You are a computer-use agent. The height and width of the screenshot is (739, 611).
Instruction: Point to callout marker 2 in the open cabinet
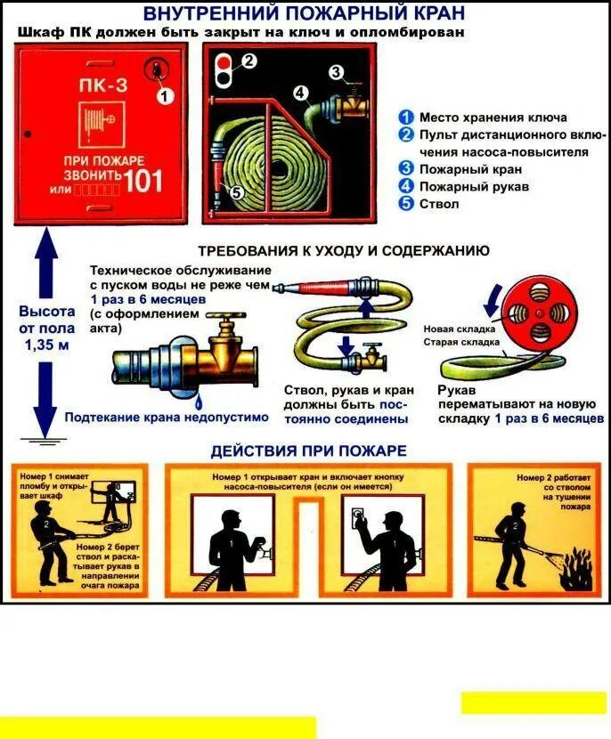tap(248, 61)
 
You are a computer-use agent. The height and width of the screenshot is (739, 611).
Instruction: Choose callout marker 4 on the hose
tap(301, 92)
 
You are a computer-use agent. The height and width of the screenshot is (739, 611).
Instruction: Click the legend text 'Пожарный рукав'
tap(474, 186)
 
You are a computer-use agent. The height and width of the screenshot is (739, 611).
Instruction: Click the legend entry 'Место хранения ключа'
tap(492, 117)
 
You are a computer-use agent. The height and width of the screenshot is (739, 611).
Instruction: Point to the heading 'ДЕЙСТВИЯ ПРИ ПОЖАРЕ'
tap(308, 451)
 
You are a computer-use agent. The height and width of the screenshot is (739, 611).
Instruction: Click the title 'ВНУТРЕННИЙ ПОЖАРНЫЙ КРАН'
tap(304, 13)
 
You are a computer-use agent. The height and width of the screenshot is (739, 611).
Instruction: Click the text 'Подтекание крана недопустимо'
tap(166, 416)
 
